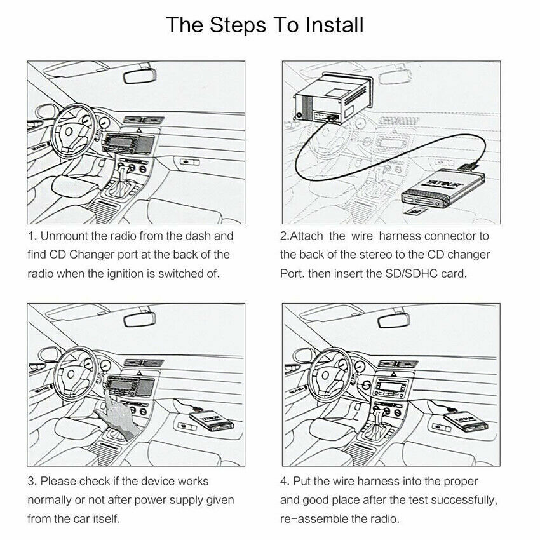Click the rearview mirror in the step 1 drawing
[x=140, y=76]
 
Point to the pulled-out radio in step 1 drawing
[x=128, y=143]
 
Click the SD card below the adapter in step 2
[x=415, y=210]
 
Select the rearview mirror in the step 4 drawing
[x=394, y=320]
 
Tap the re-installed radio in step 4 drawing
[x=391, y=388]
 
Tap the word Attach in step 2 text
[x=306, y=236]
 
